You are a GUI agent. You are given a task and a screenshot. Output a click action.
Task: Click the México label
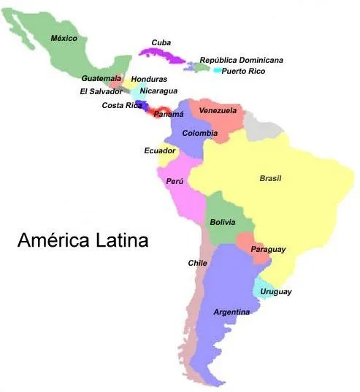(64, 38)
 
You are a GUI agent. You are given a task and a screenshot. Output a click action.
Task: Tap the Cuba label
(161, 42)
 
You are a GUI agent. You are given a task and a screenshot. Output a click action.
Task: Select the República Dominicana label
(241, 60)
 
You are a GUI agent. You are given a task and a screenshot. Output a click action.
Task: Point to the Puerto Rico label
(243, 72)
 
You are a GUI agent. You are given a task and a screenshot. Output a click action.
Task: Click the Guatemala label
(101, 78)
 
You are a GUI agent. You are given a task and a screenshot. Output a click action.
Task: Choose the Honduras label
(149, 79)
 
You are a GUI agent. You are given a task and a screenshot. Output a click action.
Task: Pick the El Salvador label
(101, 92)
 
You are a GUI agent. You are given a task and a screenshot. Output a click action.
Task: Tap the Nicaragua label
(158, 91)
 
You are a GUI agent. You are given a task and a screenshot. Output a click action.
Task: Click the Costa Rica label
(122, 106)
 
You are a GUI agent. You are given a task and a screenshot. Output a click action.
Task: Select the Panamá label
(169, 115)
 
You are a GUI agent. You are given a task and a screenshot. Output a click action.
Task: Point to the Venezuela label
(218, 111)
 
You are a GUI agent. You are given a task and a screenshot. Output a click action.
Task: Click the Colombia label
(199, 134)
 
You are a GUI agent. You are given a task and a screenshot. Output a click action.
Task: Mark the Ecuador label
(159, 151)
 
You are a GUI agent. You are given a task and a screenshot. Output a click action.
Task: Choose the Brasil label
(270, 179)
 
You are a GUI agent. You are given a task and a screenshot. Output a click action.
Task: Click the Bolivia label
(222, 222)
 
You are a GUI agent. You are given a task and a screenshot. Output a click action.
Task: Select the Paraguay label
(268, 250)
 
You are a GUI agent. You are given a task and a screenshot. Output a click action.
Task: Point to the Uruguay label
(276, 292)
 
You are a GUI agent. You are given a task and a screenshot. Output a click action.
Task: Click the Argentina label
(231, 312)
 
